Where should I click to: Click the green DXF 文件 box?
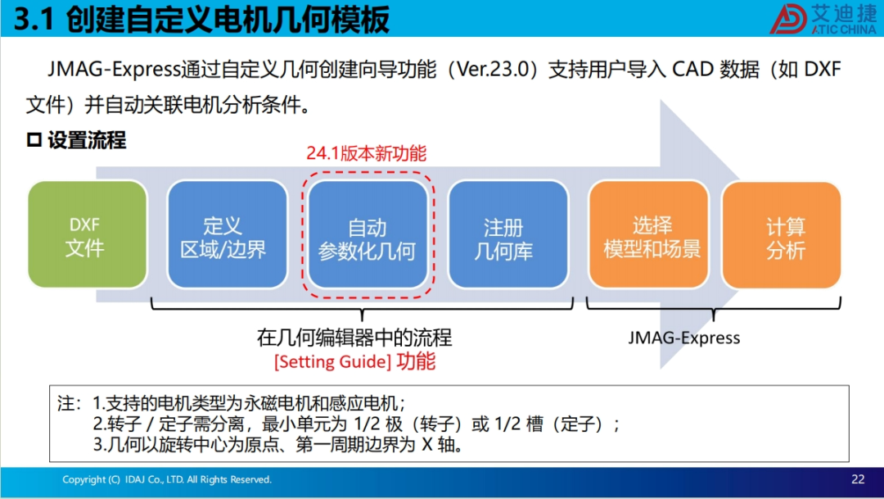pos(88,234)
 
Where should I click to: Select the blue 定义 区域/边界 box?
pos(228,234)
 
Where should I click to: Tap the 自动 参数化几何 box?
pos(368,234)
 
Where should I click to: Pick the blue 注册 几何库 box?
pos(508,234)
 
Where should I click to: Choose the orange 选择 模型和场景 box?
pos(648,234)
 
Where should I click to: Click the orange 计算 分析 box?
pos(782,234)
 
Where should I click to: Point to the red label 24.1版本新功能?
pos(367,153)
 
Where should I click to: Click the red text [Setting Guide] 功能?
pos(354,361)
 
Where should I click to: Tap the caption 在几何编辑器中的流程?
pos(354,338)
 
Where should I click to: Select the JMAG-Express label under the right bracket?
pos(683,338)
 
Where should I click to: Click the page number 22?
pos(858,479)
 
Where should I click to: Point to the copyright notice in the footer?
pos(167,479)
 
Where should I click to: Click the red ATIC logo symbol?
pos(788,19)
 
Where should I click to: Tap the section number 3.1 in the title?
pos(34,19)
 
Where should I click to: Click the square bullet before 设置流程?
pos(34,139)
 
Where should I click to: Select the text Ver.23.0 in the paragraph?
pos(492,70)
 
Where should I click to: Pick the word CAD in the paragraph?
pos(692,70)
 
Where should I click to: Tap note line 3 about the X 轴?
pos(279,445)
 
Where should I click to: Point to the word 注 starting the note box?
pos(65,403)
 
